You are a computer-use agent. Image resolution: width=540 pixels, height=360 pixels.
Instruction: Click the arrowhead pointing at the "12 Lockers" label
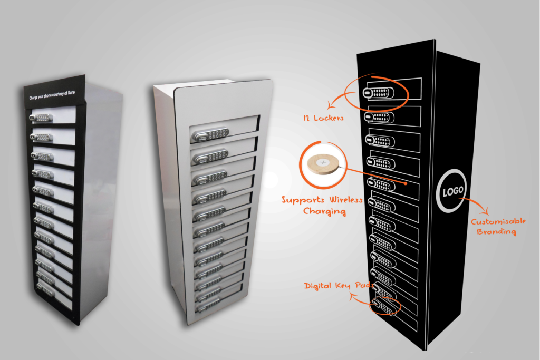click(x=330, y=105)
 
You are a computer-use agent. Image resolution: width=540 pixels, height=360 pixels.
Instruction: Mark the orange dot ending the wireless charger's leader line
click(x=406, y=183)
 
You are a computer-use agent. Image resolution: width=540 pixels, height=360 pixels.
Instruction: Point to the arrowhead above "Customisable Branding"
click(x=486, y=211)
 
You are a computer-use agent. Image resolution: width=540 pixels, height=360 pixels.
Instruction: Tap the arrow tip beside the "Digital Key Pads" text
click(x=352, y=295)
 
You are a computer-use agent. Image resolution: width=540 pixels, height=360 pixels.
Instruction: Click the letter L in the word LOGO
click(x=445, y=193)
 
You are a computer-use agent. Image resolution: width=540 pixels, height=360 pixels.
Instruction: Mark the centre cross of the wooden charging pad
click(x=323, y=162)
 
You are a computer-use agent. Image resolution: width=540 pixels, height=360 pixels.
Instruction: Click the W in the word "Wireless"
click(x=334, y=200)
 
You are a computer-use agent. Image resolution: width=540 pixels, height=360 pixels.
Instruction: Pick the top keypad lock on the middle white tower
click(x=210, y=134)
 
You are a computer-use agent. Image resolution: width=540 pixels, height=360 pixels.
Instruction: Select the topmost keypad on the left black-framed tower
click(x=41, y=118)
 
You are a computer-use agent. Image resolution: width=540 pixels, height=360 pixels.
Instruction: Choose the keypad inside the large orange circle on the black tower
click(x=378, y=92)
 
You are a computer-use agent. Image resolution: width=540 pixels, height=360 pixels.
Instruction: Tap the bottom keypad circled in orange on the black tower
click(x=384, y=307)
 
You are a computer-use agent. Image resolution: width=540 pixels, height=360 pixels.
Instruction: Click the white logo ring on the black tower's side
click(x=452, y=190)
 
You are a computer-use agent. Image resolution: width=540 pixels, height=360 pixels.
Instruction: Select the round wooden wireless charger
click(x=323, y=164)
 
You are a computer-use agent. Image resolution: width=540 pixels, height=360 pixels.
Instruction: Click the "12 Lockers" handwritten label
click(x=323, y=118)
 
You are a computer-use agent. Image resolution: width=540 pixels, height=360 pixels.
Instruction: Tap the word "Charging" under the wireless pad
click(x=324, y=211)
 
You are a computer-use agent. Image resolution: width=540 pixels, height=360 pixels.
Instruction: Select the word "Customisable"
click(x=498, y=221)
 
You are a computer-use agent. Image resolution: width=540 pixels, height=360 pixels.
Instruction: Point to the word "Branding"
click(x=496, y=231)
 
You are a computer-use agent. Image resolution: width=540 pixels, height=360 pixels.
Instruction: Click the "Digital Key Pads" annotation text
click(x=339, y=285)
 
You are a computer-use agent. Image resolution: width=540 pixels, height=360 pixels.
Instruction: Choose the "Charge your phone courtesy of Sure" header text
click(x=52, y=95)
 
